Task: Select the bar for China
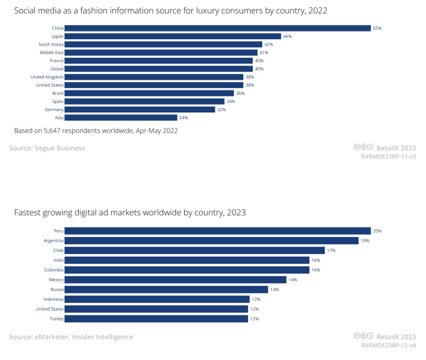(x=217, y=28)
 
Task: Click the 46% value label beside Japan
(x=287, y=36)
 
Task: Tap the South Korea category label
(x=51, y=45)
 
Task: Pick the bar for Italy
(x=121, y=118)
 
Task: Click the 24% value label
(x=184, y=118)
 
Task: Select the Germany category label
(x=55, y=110)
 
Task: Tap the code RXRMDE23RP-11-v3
(x=388, y=157)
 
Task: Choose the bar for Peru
(x=217, y=231)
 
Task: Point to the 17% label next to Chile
(x=331, y=250)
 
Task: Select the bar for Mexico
(x=175, y=279)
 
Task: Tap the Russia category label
(x=57, y=289)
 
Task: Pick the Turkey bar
(x=156, y=319)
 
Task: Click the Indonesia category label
(x=54, y=299)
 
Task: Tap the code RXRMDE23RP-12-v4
(x=388, y=346)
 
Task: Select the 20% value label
(x=377, y=231)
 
